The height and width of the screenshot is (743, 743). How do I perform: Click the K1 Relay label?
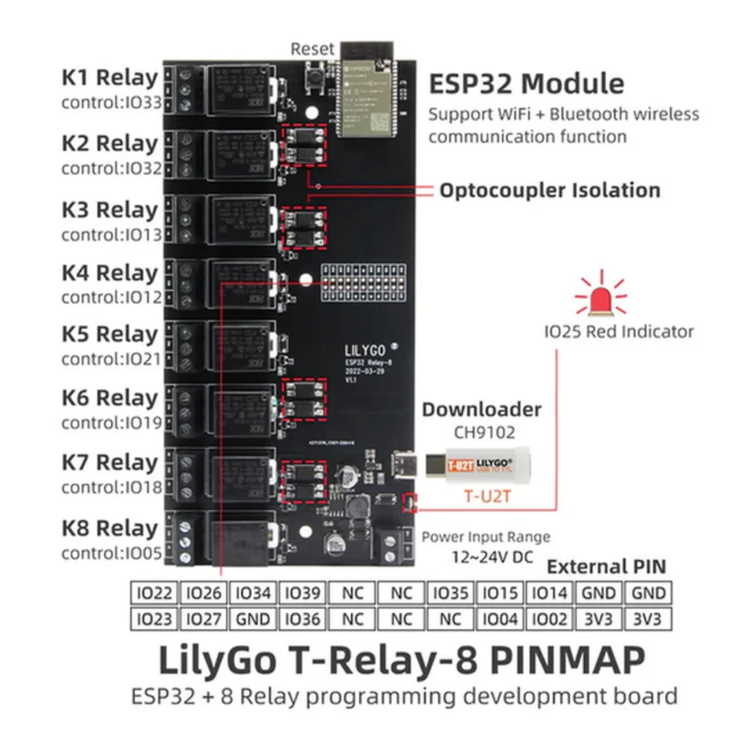tap(109, 78)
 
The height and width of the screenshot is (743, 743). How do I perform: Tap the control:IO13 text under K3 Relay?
tap(111, 235)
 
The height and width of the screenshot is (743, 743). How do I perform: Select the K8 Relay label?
tap(109, 528)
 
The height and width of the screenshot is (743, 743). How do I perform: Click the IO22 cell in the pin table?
tap(154, 594)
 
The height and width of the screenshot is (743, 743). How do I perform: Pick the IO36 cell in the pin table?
tap(303, 620)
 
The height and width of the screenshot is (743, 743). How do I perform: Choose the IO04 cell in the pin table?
tap(501, 620)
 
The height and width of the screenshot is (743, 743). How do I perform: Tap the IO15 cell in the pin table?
tap(501, 594)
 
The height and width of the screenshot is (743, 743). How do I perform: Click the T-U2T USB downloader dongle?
tap(479, 462)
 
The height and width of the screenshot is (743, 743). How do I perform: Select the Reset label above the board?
tap(313, 49)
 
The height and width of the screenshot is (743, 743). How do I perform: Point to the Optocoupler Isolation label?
tap(550, 191)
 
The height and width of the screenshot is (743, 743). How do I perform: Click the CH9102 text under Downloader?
tap(484, 433)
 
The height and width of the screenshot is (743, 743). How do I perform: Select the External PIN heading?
tap(606, 567)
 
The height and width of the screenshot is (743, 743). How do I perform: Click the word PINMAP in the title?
tap(567, 661)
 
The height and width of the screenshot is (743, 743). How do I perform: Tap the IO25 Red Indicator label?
tap(619, 332)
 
